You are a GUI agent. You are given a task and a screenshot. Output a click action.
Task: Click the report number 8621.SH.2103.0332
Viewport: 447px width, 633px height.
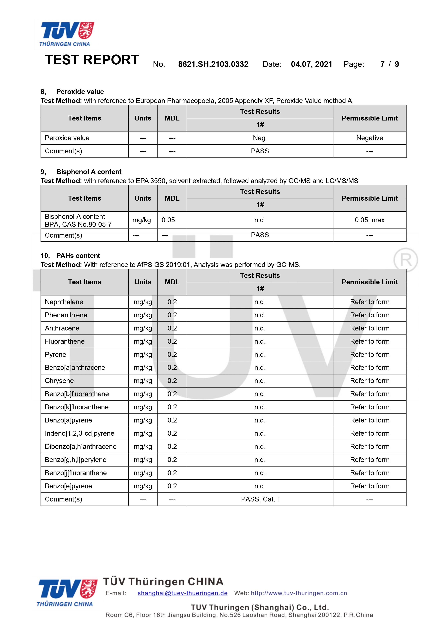(213, 64)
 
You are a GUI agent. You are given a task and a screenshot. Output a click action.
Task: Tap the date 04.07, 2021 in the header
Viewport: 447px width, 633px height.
(312, 64)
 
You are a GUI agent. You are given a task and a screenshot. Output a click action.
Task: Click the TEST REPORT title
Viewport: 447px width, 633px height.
(92, 60)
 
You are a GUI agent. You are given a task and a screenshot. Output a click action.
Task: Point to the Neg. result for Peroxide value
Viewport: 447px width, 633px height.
(260, 138)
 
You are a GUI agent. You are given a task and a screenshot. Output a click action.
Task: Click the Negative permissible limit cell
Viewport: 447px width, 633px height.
(369, 138)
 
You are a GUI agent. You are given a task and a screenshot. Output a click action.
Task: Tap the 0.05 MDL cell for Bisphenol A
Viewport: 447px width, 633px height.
(168, 220)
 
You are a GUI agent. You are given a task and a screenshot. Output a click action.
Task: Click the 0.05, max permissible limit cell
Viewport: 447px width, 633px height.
(369, 220)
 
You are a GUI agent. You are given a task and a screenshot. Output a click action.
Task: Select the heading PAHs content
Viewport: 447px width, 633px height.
(78, 256)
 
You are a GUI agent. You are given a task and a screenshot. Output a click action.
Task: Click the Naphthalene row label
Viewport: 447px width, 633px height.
(64, 302)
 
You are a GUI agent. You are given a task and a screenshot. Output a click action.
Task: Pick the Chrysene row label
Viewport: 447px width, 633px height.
(59, 381)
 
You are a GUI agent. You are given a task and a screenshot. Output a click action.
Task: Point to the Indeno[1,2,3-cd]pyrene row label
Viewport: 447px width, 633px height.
(79, 433)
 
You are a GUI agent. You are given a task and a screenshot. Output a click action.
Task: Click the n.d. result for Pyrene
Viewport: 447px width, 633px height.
(260, 354)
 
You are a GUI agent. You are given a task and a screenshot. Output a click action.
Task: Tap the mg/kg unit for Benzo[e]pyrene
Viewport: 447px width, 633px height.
(143, 486)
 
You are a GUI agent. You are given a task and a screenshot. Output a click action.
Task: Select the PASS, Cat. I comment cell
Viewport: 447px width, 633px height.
(260, 499)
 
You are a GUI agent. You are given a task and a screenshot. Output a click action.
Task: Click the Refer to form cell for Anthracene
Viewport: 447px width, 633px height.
(369, 328)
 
